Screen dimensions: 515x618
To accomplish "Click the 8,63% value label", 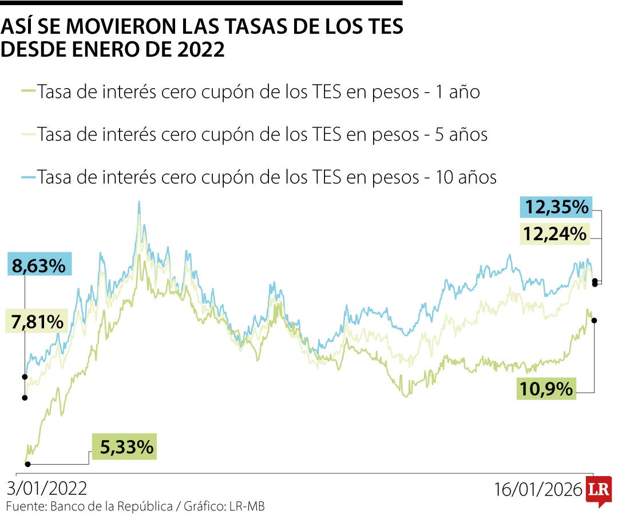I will pos(39,266).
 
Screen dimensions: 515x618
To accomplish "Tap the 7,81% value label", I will pos(37,322).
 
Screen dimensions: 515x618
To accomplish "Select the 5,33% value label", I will pos(126,446).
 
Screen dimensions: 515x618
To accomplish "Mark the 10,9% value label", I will pos(546,389).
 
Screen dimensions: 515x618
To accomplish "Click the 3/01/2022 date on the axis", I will pos(47,489).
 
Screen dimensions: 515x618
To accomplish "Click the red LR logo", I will pos(599,490).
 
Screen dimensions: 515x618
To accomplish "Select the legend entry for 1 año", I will pos(257,92).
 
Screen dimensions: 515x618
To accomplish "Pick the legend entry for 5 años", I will pos(262,135).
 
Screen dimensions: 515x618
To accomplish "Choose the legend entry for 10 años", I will pos(266,177).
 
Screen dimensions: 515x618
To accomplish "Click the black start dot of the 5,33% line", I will pos(27,464).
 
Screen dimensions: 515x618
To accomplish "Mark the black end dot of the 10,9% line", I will pos(595,320).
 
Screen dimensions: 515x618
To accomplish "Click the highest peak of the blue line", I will pos(139,202).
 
